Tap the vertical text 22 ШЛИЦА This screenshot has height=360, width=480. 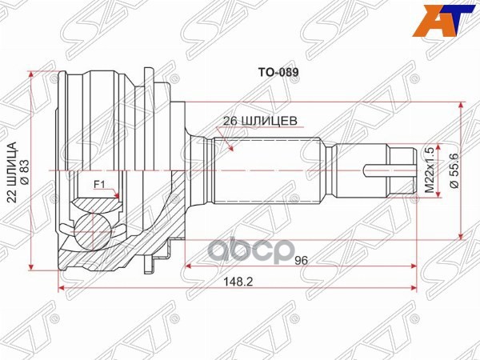pos(14,171)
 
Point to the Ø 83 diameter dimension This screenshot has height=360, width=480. pos(24,171)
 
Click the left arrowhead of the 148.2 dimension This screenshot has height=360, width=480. pos(62,288)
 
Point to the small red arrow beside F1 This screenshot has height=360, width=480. pos(117,194)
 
